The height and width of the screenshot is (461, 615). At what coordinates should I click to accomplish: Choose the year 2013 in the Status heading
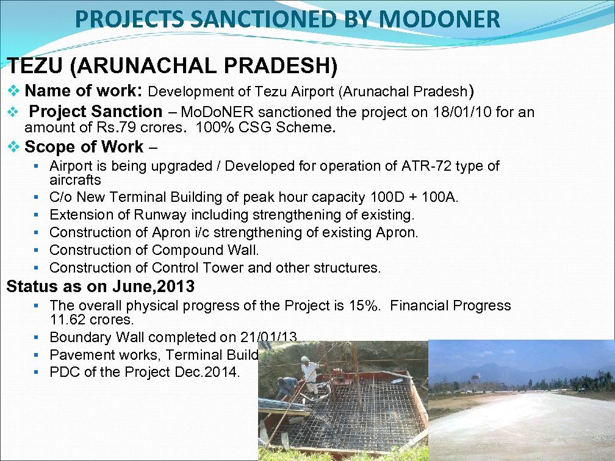tap(178, 286)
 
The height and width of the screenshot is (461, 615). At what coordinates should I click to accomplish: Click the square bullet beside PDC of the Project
tap(37, 372)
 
